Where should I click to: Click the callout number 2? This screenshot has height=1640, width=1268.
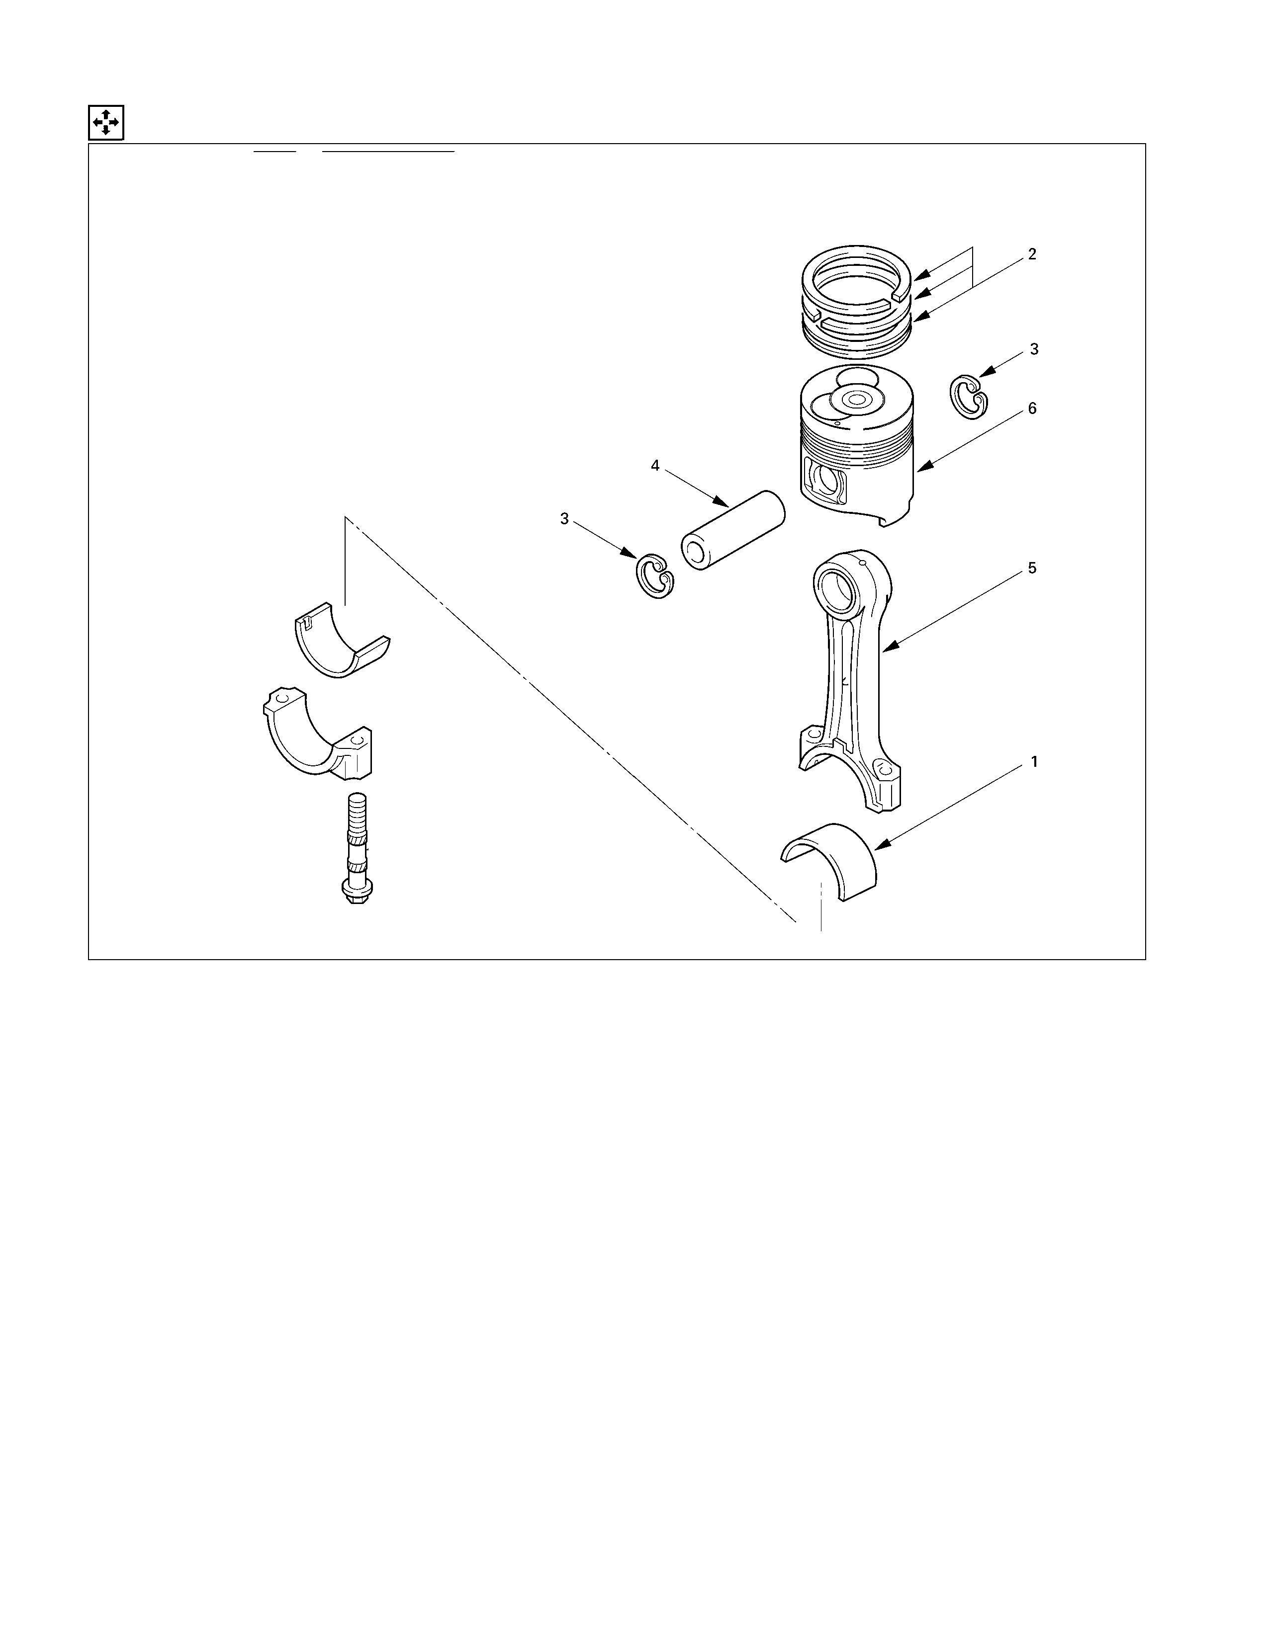pos(1032,254)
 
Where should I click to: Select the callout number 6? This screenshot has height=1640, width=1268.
pos(1032,409)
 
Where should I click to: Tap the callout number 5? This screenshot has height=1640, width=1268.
pos(1032,569)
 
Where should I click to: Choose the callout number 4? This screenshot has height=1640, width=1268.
pos(655,466)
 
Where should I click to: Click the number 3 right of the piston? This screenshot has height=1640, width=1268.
pos(1034,349)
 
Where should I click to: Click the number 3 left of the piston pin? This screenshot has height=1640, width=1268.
pos(564,519)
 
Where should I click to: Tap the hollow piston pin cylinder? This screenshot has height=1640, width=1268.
pos(732,529)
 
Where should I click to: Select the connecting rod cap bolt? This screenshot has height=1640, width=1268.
pos(356,848)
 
